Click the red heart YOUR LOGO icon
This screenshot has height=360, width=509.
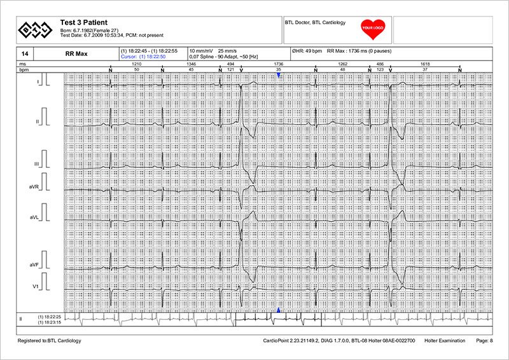coord(370,27)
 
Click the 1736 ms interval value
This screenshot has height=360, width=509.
coord(278,64)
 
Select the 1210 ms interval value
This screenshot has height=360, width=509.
coord(136,64)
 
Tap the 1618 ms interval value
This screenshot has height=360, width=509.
coord(425,64)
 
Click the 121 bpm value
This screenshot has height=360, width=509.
coord(230,69)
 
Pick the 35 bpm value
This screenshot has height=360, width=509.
coord(278,69)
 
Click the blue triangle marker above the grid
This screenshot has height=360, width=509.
coord(278,75)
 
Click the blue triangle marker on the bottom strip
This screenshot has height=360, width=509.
coord(278,310)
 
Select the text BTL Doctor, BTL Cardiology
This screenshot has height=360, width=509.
coord(316,23)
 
